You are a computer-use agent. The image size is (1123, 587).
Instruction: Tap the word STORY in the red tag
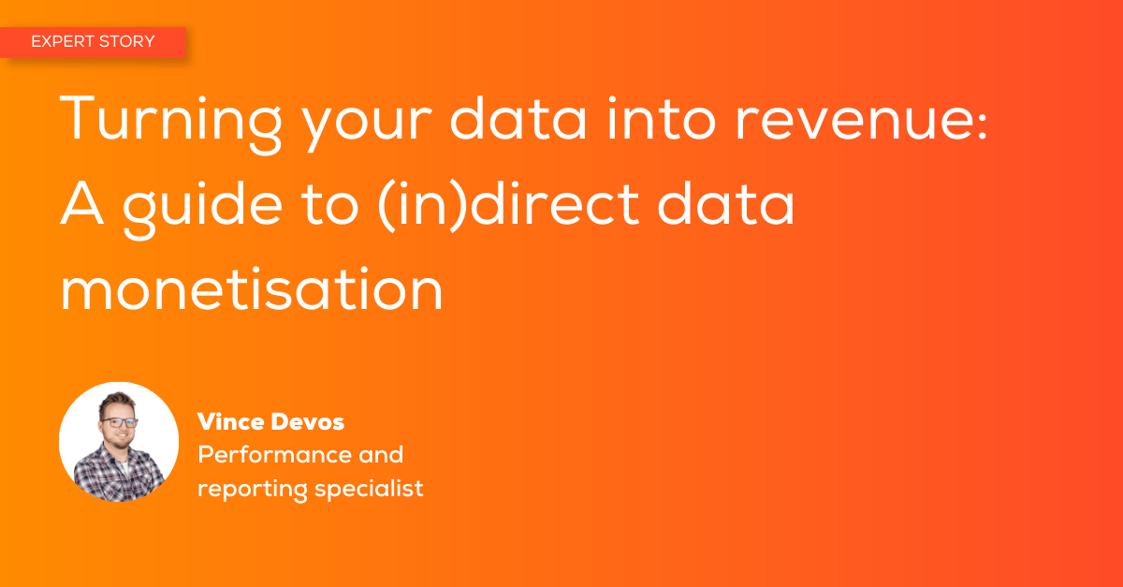[127, 41]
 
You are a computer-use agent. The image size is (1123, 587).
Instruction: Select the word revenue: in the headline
[861, 121]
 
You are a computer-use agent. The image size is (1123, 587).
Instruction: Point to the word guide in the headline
[202, 207]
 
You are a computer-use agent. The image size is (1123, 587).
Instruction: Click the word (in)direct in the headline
[508, 205]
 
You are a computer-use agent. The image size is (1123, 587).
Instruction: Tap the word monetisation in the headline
[251, 290]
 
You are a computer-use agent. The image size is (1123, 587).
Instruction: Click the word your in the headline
[367, 126]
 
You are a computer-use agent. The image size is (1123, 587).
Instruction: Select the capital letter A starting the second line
[81, 203]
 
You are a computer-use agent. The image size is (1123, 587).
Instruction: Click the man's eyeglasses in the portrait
[120, 422]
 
